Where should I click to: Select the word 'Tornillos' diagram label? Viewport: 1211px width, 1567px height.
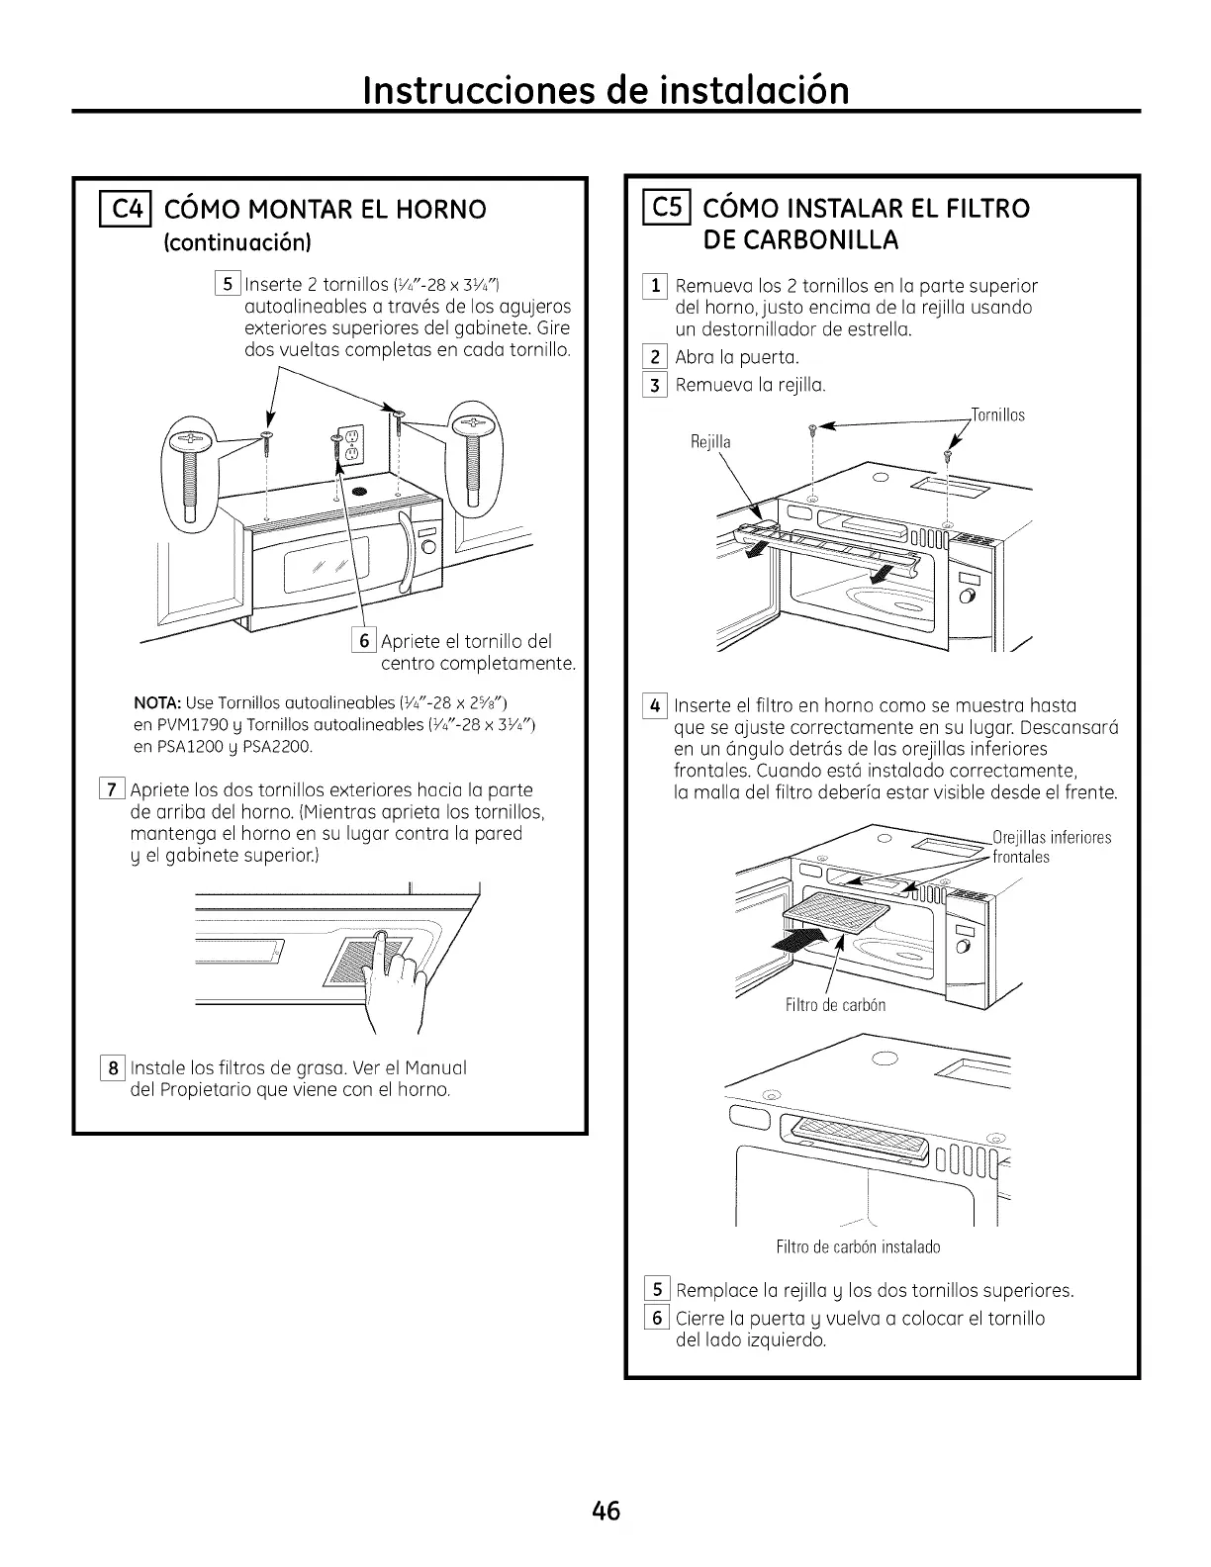(x=996, y=415)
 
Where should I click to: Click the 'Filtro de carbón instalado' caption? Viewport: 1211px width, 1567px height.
(x=858, y=1246)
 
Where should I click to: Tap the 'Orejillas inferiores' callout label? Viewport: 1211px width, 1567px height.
(x=1051, y=838)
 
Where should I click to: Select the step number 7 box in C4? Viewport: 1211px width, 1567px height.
(x=113, y=790)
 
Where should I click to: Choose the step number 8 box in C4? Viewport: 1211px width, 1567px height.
(x=113, y=1068)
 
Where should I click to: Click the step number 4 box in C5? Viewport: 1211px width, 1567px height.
(x=653, y=706)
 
